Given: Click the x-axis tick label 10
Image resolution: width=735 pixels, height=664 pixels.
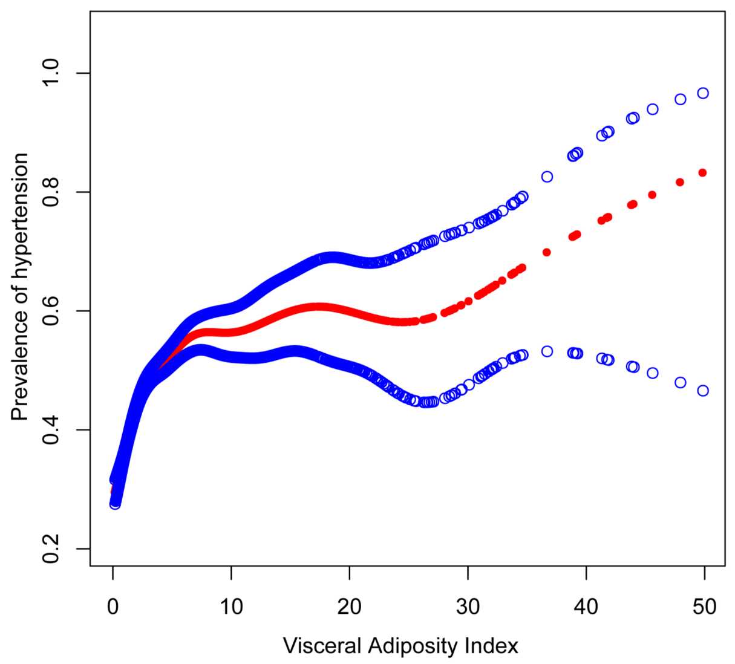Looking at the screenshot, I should (x=231, y=606).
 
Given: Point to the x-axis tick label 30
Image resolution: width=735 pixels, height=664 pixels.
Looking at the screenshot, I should (x=468, y=606).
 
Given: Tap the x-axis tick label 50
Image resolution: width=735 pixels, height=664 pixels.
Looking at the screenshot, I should (x=704, y=606).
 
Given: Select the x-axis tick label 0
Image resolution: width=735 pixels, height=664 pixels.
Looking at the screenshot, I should (x=113, y=606).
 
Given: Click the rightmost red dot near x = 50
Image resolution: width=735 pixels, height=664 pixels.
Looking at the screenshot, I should (x=702, y=172).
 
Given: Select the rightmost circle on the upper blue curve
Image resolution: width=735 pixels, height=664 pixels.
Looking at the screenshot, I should (x=702, y=93).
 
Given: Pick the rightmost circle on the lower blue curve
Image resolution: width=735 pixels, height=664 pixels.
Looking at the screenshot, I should (x=702, y=391).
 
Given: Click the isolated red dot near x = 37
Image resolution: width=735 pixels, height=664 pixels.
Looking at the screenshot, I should (x=546, y=252).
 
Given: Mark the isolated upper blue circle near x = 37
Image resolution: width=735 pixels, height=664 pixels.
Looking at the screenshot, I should (x=547, y=177).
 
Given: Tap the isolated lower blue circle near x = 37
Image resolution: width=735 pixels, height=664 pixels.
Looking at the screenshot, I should (x=547, y=351).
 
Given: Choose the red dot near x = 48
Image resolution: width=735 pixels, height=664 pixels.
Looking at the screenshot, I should (x=680, y=182).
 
